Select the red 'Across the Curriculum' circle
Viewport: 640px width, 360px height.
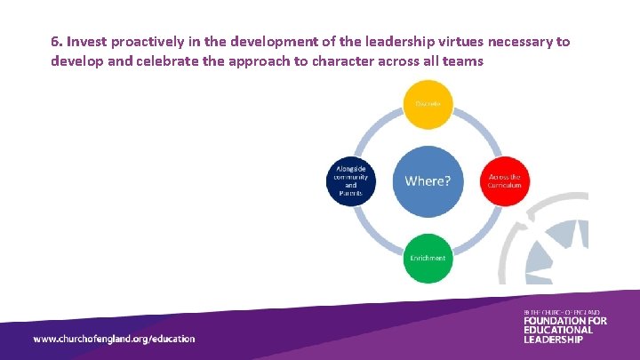point(504,180)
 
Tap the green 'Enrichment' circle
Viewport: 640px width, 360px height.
point(428,257)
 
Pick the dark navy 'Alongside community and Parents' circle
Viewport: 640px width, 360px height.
point(351,180)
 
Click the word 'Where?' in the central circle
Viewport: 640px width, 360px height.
point(428,180)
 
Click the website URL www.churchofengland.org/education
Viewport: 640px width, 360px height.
point(114,339)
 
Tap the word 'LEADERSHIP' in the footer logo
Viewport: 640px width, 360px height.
point(554,340)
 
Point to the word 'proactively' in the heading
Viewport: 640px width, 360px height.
point(150,42)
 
